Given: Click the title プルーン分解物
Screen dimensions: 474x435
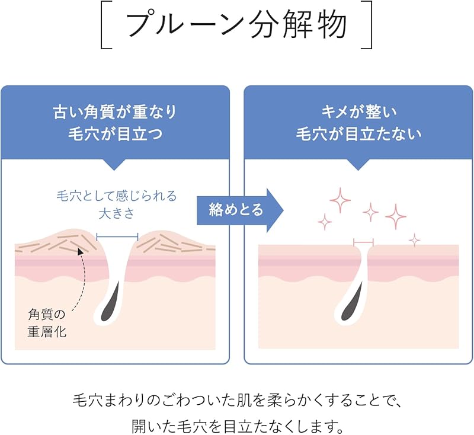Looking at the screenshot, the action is [x=237, y=25].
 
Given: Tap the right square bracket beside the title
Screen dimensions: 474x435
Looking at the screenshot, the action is [x=369, y=25].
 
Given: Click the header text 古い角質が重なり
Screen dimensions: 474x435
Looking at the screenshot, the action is [x=115, y=112].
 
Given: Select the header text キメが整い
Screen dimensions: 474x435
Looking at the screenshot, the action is [x=358, y=112].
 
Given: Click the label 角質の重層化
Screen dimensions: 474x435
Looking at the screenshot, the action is [x=47, y=322].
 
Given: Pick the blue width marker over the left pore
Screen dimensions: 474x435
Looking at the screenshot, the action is [x=117, y=237].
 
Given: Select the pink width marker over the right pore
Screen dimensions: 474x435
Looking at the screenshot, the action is [x=363, y=241].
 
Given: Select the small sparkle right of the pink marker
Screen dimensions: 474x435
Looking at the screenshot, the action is [x=414, y=240].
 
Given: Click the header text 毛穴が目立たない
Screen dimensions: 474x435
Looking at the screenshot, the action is [x=358, y=134].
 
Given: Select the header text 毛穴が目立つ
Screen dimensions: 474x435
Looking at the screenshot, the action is [x=115, y=134].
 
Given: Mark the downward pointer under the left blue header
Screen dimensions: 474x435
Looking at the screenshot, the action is [x=115, y=164].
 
